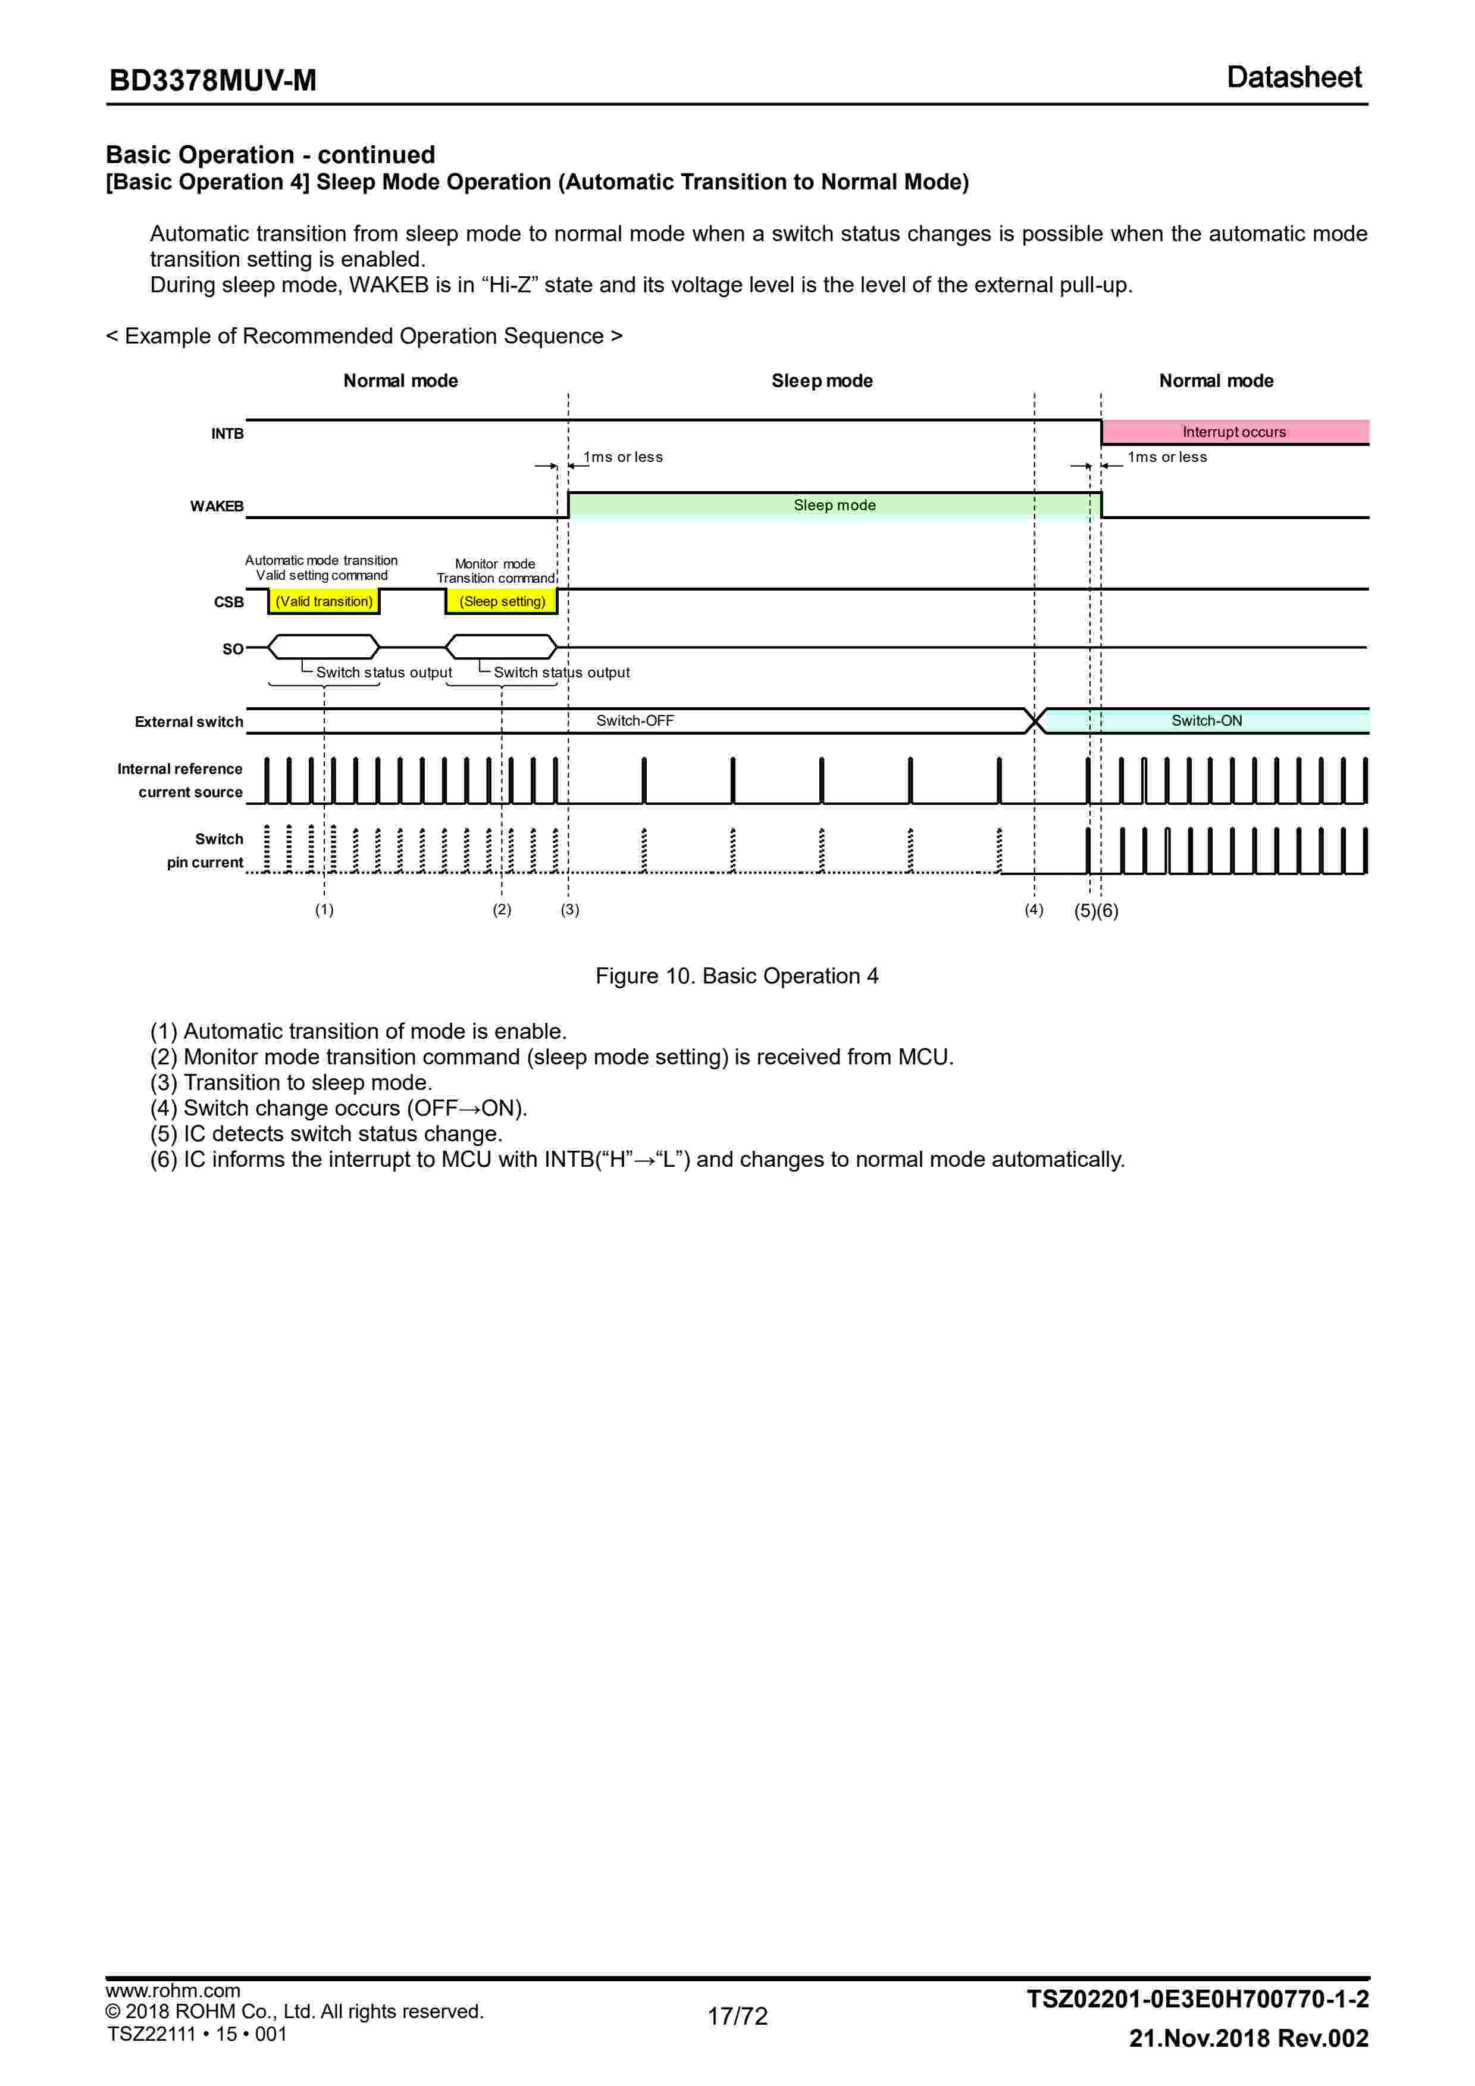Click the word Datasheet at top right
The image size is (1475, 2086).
1294,77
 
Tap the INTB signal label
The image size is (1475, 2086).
227,434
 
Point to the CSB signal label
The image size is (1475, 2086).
229,602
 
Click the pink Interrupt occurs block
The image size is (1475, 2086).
1233,432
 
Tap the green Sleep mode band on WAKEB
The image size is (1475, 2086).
834,505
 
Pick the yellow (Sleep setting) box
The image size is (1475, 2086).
502,601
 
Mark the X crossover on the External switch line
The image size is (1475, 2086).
1035,722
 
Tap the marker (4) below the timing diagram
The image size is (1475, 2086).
1034,910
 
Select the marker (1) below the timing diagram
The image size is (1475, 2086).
324,910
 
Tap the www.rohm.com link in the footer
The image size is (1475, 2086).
173,1991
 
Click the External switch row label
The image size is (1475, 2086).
189,722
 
